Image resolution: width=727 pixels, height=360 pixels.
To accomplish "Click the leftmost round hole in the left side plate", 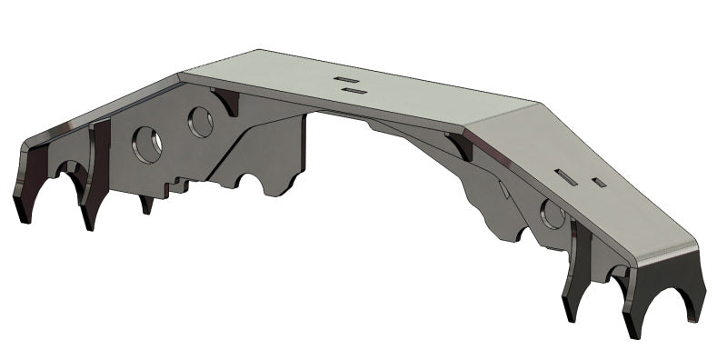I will click(145, 144).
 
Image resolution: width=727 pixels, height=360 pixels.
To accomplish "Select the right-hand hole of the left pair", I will click(200, 122).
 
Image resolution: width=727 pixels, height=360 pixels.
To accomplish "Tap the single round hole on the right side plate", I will click(551, 215).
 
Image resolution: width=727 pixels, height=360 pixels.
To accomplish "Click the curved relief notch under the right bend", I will click(460, 147).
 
